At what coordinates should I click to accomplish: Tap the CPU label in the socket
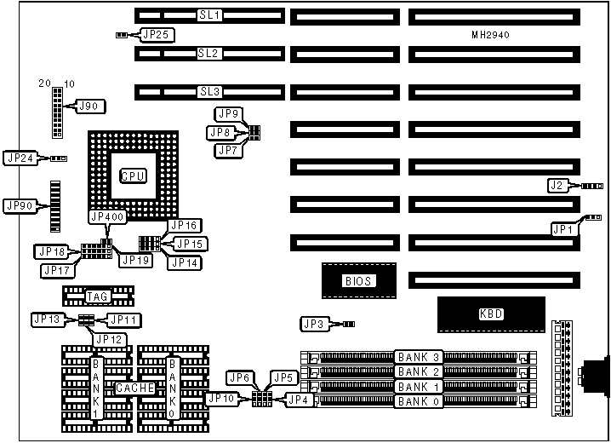[133, 175]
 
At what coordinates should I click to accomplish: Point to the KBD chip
[492, 314]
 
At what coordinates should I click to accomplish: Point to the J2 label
[557, 185]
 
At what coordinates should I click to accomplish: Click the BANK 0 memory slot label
[419, 400]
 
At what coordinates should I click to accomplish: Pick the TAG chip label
[97, 296]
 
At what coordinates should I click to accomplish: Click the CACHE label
[134, 388]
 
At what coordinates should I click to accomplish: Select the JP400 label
[107, 217]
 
